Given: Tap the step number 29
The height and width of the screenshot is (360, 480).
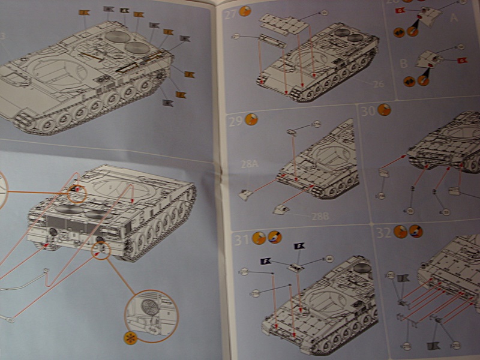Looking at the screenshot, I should [236, 121].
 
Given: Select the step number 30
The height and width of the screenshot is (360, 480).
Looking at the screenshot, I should [367, 110].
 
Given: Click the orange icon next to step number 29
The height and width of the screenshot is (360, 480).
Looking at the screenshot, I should [252, 119].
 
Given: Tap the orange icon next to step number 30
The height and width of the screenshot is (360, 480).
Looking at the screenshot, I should [384, 110].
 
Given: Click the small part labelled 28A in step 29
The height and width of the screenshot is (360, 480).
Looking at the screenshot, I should [246, 194].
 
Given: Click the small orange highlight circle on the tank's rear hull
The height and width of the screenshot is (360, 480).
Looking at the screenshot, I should [76, 192].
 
